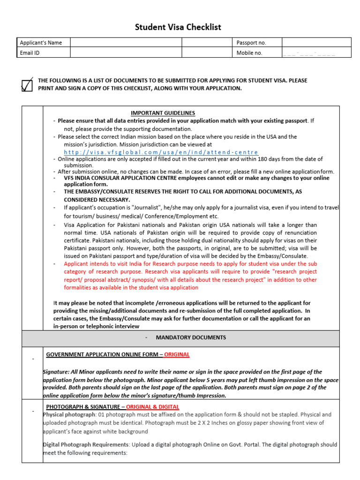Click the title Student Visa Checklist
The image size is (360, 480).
[178, 27]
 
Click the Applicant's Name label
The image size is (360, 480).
[41, 43]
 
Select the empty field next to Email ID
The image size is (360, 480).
[126, 53]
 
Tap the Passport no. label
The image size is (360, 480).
[251, 43]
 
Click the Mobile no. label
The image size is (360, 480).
[249, 53]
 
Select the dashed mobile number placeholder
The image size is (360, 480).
[309, 53]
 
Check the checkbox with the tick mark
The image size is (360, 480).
[28, 85]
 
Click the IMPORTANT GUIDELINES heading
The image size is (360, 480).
[163, 113]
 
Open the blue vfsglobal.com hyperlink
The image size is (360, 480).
[161, 152]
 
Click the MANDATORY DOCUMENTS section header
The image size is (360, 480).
[191, 337]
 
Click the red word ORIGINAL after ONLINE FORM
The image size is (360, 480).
[177, 354]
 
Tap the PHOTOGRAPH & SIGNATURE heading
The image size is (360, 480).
[82, 406]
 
